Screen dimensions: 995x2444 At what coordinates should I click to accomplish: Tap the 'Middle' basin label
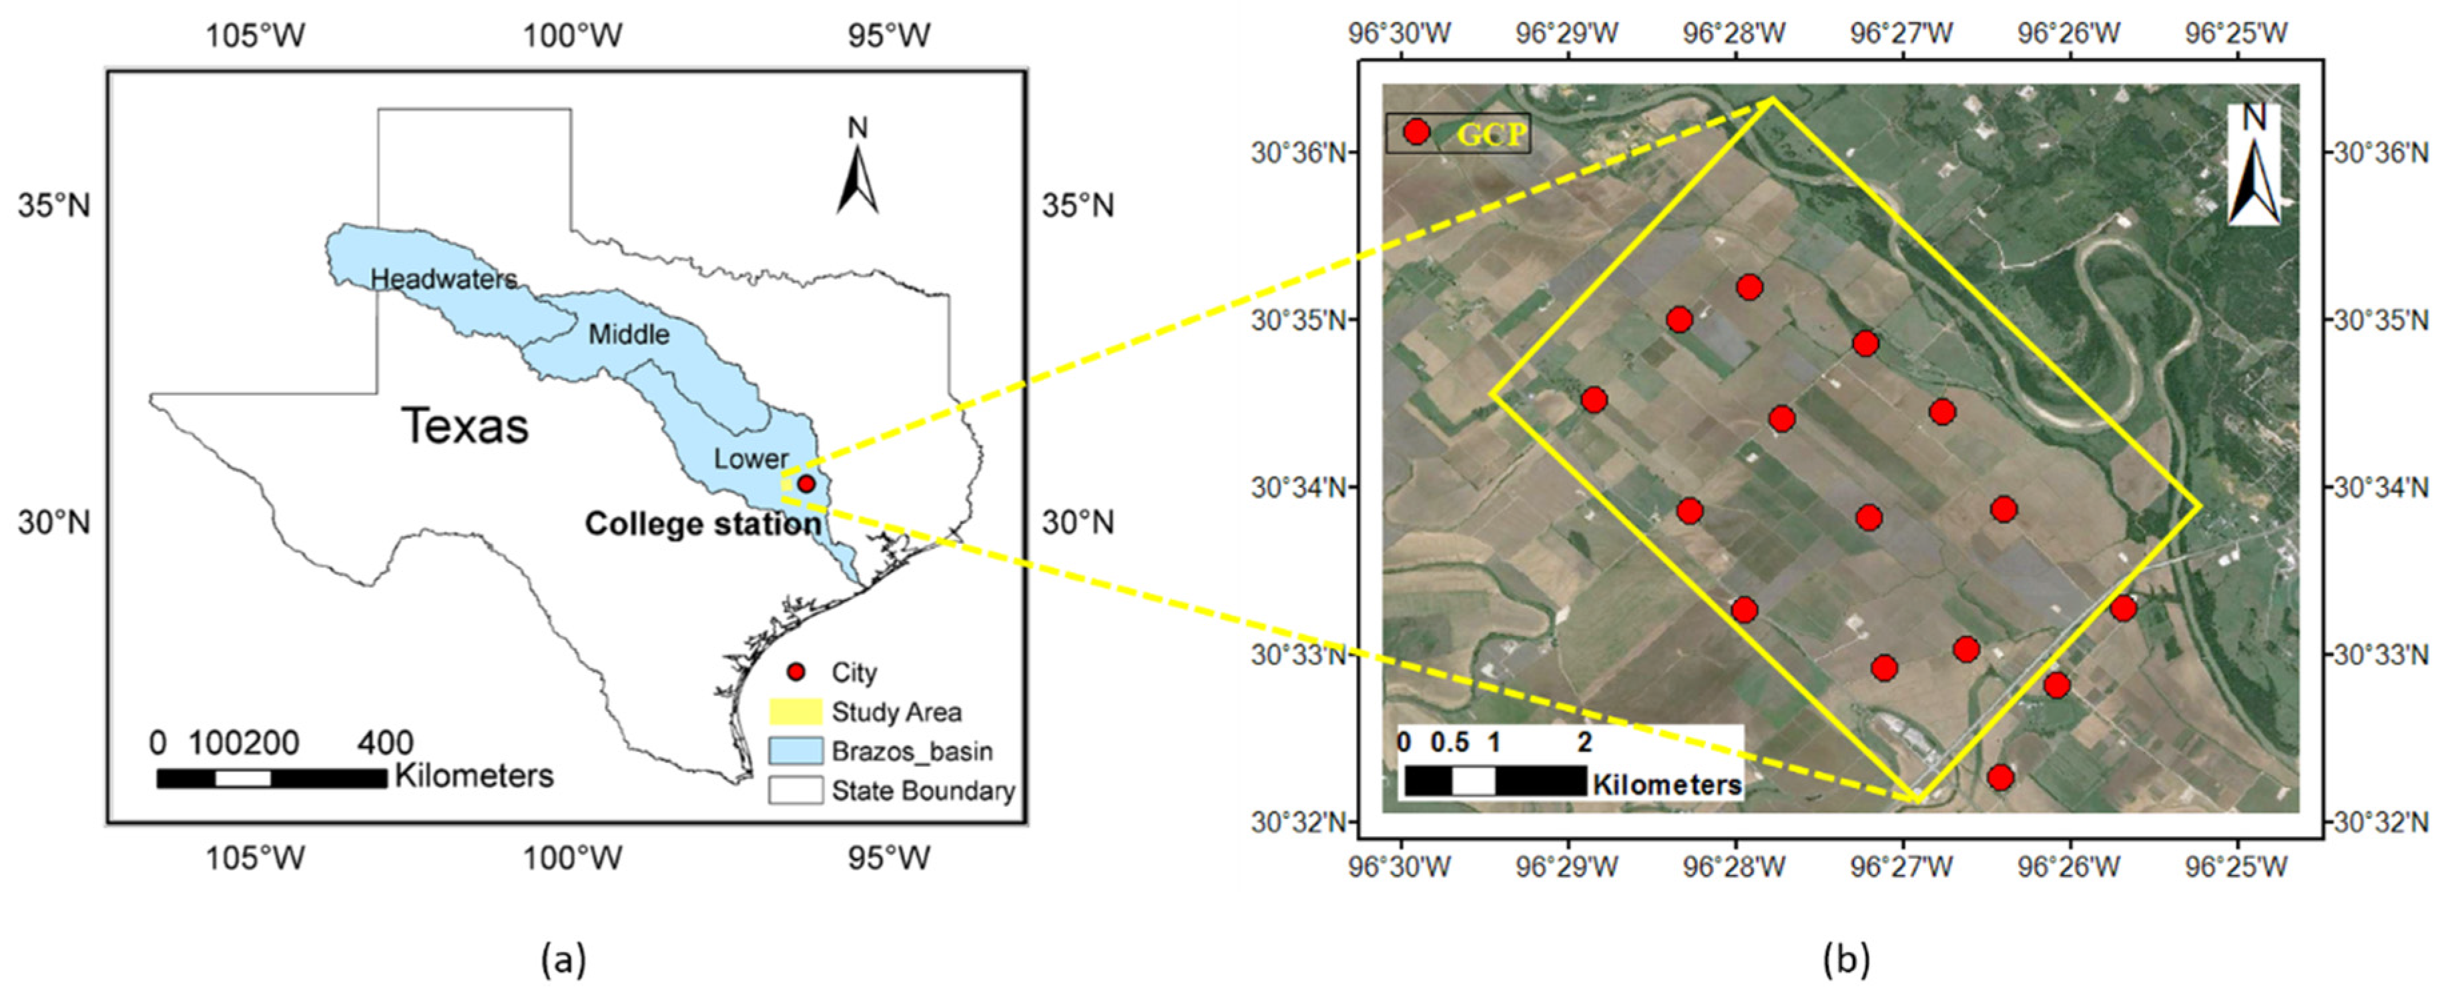click(x=628, y=334)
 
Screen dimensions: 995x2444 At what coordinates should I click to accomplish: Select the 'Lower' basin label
click(x=750, y=459)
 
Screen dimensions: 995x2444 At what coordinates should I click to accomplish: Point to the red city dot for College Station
click(x=806, y=484)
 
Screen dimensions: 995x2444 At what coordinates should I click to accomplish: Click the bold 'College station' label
click(x=702, y=524)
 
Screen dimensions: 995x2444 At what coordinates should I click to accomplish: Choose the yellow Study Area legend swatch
click(x=795, y=711)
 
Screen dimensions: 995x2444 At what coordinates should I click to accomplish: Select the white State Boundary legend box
click(x=795, y=790)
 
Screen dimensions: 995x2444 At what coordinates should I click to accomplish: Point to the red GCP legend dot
click(x=1416, y=132)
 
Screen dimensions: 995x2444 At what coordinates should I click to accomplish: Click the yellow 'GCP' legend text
click(x=1492, y=135)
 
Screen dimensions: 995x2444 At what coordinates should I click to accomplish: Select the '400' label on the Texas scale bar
click(x=384, y=743)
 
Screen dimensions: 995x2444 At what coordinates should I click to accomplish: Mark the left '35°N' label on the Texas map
click(x=54, y=205)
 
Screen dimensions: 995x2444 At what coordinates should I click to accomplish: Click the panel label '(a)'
click(x=563, y=961)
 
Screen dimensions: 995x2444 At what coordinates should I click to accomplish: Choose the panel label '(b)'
click(x=1846, y=961)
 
